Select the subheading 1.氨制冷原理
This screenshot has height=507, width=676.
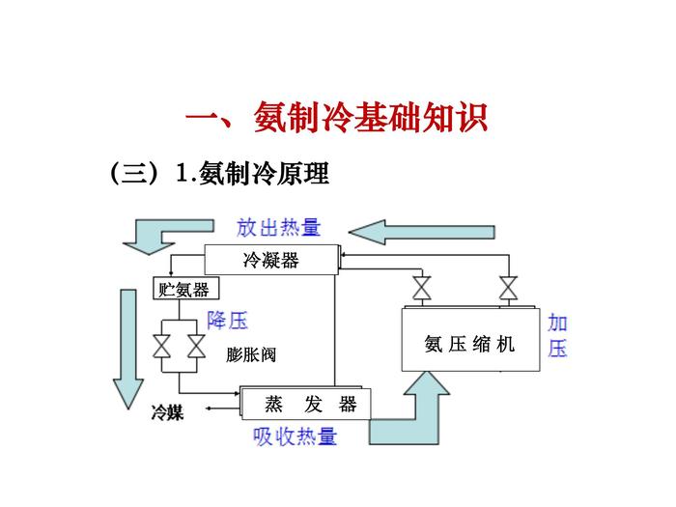click(x=254, y=174)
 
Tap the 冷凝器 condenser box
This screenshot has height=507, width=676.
click(x=270, y=259)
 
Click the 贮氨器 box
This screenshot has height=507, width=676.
click(x=184, y=290)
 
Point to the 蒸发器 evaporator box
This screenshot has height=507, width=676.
click(x=311, y=404)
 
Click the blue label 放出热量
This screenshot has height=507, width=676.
click(x=278, y=228)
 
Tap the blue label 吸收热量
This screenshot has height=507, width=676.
click(x=295, y=437)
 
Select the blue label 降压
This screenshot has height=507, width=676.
click(x=228, y=320)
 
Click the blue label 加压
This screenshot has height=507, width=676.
click(x=557, y=335)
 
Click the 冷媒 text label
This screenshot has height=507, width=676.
click(x=167, y=412)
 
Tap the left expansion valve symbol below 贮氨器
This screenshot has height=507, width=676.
click(x=162, y=345)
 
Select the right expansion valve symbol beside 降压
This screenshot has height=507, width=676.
click(x=195, y=345)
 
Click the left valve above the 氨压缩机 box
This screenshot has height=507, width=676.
click(x=422, y=288)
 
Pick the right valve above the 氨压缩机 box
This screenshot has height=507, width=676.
click(x=507, y=288)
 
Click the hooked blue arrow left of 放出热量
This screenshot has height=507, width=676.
click(x=159, y=233)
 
